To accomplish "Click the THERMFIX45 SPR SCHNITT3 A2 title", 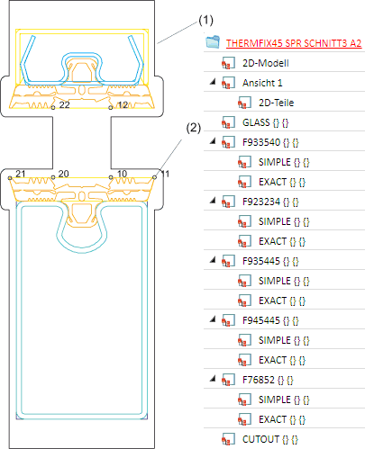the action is [294, 43].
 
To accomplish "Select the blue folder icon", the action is [213, 42].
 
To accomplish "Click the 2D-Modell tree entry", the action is [266, 63].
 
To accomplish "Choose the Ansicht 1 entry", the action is [262, 83].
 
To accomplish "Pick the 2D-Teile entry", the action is [276, 103].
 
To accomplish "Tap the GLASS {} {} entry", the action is [265, 122].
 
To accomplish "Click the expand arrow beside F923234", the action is [213, 200].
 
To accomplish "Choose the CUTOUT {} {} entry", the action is [270, 439].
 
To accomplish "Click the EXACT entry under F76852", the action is [282, 419].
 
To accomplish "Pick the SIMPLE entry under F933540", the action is [284, 162].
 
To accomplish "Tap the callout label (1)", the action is [205, 20].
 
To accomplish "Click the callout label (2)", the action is [193, 128].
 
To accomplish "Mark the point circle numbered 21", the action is [10, 178].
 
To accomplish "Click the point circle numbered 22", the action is [53, 107].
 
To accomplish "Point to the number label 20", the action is [63, 174].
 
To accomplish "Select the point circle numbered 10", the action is [111, 177].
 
